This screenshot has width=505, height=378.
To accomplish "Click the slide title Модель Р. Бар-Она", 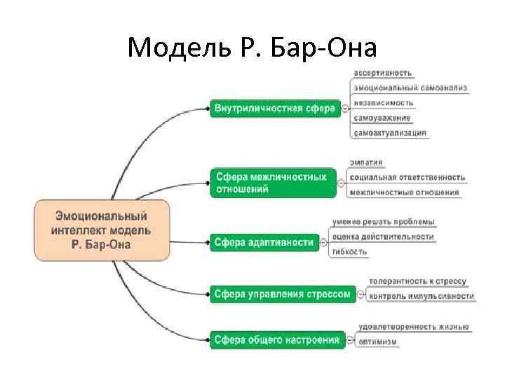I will [252, 48].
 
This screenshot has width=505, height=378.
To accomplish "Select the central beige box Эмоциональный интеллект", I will [102, 230].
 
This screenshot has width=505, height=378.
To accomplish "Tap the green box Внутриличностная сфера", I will [274, 108].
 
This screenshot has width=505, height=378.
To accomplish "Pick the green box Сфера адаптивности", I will [264, 242].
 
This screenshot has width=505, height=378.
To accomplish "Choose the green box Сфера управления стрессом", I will [282, 294].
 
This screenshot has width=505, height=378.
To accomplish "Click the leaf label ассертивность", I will [383, 73].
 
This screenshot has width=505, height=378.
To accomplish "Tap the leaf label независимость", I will [384, 103].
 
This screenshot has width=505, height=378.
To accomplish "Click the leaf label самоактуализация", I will [390, 132].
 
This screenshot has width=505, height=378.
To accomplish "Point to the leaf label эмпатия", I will [366, 162].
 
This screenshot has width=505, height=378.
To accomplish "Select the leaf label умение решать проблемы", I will [384, 222].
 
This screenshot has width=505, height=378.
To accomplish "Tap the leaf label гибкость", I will [350, 251].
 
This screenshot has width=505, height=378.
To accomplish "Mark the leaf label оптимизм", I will [378, 342].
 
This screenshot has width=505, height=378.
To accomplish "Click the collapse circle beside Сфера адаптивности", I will [324, 243].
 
